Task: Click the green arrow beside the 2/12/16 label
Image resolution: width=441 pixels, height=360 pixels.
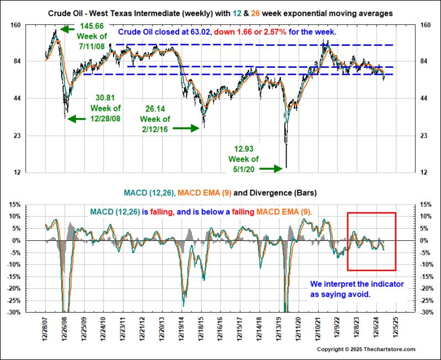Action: coord(186,128)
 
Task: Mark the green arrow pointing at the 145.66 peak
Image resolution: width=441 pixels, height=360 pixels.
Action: coord(68,29)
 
